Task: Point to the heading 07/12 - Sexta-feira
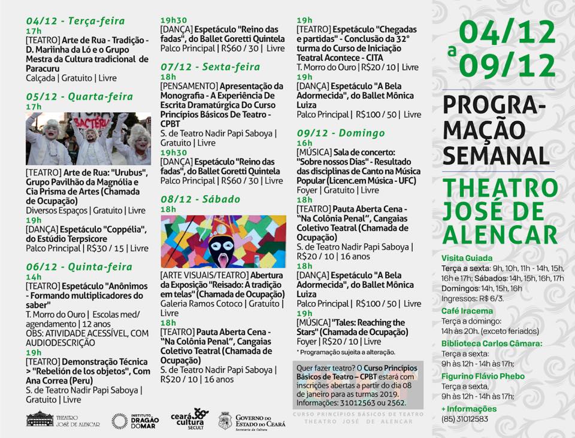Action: coord(210,66)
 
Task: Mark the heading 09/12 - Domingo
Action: coord(340,133)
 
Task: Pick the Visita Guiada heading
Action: coord(467,258)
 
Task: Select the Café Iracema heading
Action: coord(467,311)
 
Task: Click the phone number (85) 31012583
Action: coord(464,418)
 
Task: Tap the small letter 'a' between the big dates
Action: coord(452,51)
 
